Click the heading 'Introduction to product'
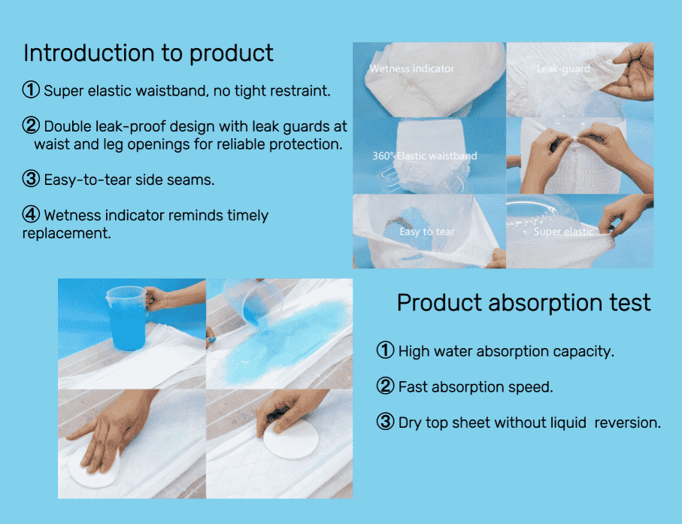coord(148,53)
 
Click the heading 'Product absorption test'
coord(523,303)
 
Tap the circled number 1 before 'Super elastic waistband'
coord(31,89)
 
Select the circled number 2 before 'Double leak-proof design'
coord(31,126)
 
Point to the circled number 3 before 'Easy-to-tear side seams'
coord(31,179)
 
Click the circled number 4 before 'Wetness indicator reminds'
coord(31,214)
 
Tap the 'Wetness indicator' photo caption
coord(411,68)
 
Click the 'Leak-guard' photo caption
coord(563,68)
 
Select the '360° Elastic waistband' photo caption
coord(425,156)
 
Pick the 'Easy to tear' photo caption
coord(426,232)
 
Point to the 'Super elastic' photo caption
coord(563,232)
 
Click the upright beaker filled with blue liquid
coord(127,318)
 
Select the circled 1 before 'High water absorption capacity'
coord(385,350)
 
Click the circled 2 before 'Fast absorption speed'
coord(385,386)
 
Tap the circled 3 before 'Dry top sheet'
coord(385,421)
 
